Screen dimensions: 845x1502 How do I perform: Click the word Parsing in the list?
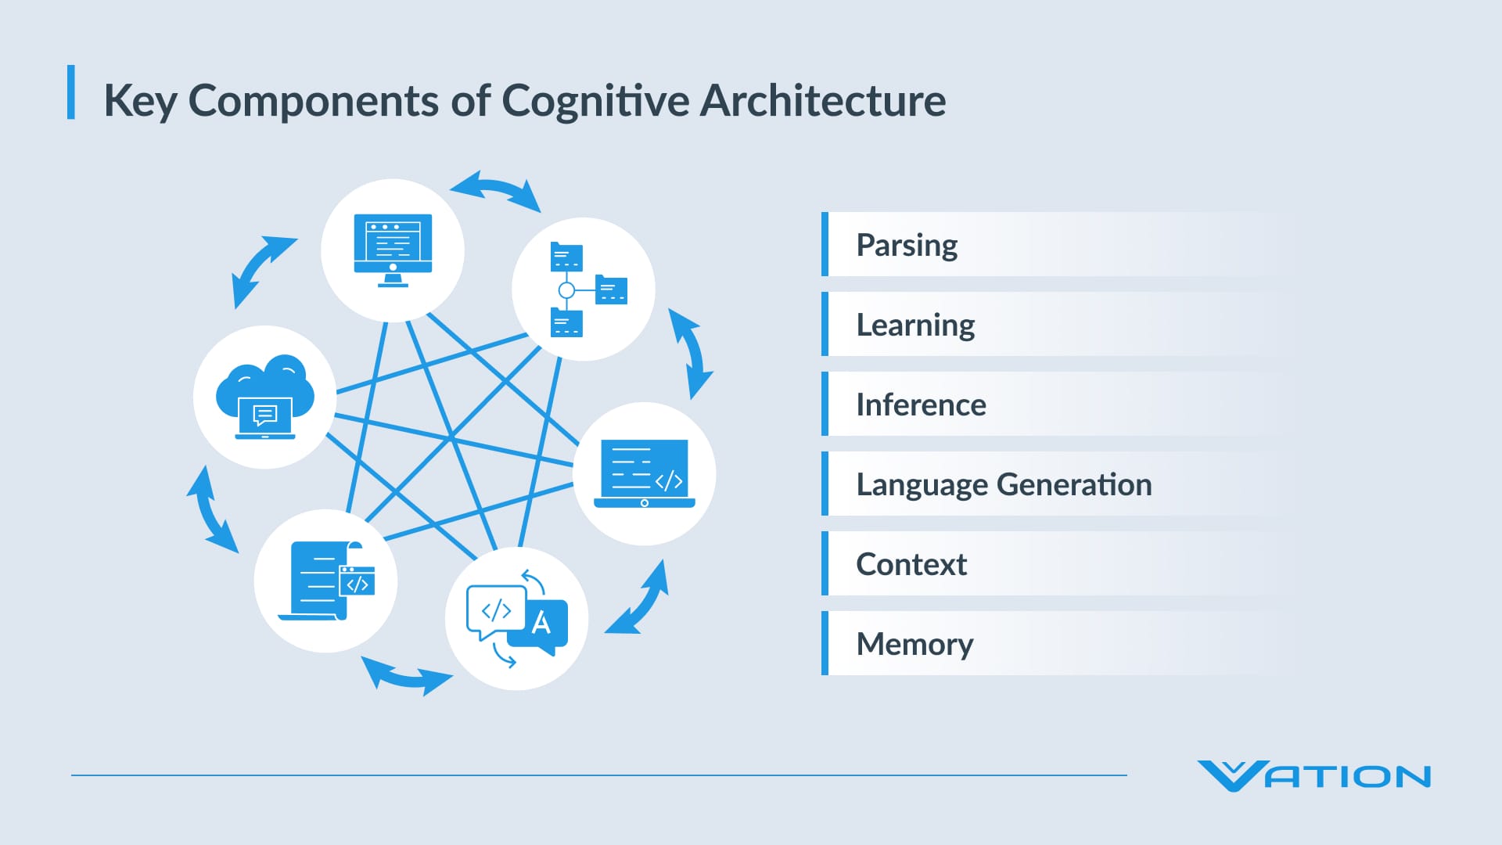907,246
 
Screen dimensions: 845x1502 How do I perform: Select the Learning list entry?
915,325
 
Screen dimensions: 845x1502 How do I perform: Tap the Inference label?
921,405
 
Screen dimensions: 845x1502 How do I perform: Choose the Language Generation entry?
1004,485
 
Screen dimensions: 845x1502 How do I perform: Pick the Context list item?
911,565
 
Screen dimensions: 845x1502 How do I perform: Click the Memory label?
914,645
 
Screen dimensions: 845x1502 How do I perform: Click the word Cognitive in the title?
595,102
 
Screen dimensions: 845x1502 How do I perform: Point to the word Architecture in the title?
822,101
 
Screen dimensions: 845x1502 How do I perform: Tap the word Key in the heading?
140,102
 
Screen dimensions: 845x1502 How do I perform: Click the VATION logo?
1313,776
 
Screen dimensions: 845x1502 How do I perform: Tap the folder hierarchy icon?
584,289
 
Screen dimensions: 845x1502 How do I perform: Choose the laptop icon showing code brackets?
645,474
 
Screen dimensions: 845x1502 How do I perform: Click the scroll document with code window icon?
326,581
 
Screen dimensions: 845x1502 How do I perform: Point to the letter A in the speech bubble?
541,623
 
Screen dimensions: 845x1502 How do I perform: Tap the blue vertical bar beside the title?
71,92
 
